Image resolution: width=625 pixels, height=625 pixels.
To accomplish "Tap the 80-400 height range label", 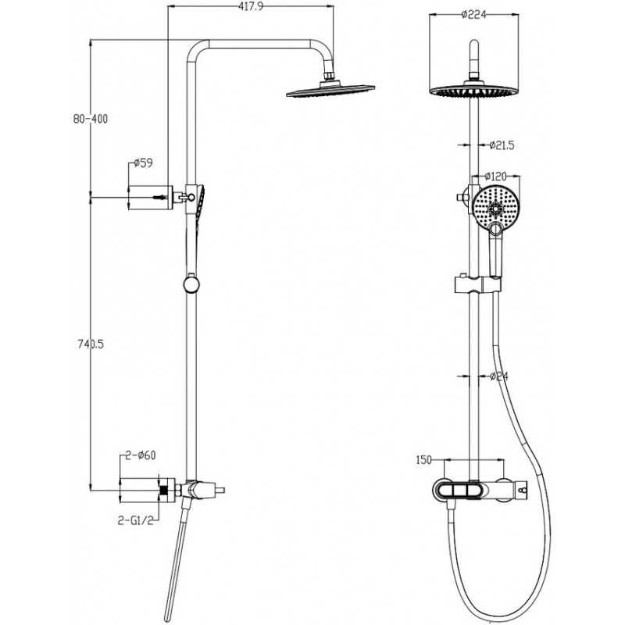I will point(87,119).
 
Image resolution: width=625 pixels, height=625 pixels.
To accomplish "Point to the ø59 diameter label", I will point(142,163).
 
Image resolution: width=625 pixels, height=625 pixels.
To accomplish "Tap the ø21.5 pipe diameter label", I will point(500,145).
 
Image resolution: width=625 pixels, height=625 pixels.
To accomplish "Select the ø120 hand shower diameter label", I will point(498,177).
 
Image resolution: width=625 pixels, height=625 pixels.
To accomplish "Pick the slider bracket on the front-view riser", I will point(474,284).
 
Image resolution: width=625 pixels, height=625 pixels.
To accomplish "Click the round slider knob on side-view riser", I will point(190,284).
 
